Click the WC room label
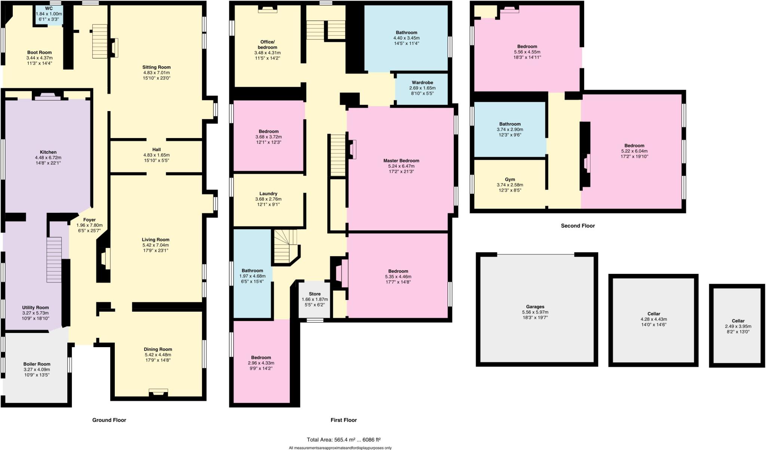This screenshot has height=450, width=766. (x=49, y=8)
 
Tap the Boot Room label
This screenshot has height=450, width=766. (x=39, y=53)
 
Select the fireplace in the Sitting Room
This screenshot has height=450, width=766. (x=114, y=48)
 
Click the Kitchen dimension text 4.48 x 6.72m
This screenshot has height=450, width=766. (x=48, y=157)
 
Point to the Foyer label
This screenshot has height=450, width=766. (x=89, y=220)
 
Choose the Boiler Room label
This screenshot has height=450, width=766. (x=37, y=364)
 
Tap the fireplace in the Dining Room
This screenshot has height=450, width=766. (x=158, y=392)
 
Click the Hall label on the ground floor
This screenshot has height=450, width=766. (x=156, y=150)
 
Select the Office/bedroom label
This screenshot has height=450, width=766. (x=267, y=45)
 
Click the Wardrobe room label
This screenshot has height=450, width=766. (x=422, y=83)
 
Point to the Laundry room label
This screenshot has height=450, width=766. (x=268, y=194)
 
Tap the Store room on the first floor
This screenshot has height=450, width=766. (x=315, y=299)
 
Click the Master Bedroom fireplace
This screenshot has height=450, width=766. (x=353, y=149)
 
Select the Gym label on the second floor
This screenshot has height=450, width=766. (x=510, y=180)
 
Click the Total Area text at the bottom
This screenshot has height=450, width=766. (x=343, y=440)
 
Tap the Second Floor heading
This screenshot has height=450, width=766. (x=577, y=226)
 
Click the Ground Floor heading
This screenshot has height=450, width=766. (x=109, y=420)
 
